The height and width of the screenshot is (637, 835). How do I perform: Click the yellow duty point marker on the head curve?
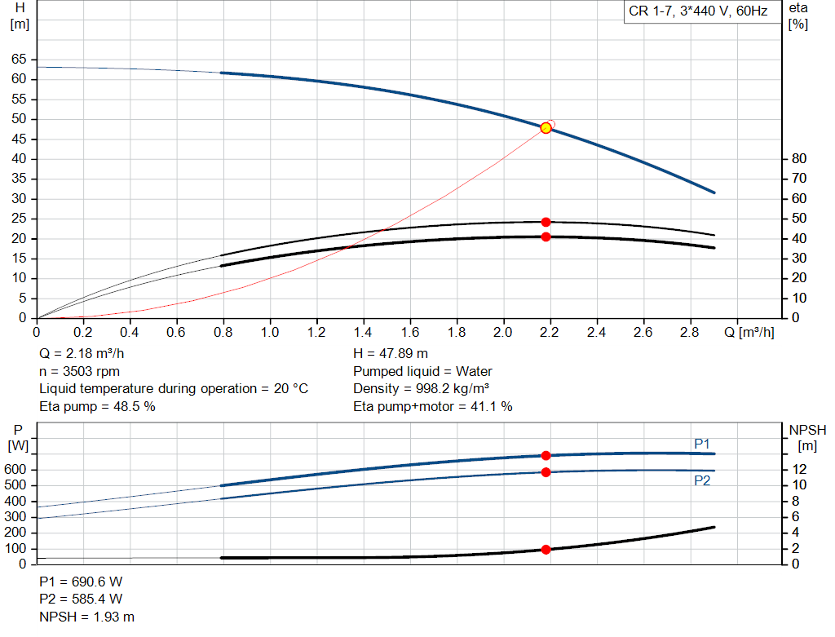[546, 128]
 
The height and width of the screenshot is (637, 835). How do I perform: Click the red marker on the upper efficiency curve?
[546, 222]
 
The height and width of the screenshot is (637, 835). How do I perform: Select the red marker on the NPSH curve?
[546, 550]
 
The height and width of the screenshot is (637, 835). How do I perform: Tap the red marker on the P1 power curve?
[546, 456]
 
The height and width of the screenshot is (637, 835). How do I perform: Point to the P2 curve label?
[702, 481]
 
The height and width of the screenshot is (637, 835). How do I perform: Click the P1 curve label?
[702, 444]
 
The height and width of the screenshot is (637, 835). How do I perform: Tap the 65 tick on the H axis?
[19, 60]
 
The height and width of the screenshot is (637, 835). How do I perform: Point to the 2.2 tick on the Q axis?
[550, 333]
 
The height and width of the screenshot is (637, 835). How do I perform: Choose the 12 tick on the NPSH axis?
[799, 469]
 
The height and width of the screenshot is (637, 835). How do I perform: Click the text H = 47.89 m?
[390, 354]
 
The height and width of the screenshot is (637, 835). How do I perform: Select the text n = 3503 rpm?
[79, 371]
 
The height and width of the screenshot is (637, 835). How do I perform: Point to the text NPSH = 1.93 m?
[86, 617]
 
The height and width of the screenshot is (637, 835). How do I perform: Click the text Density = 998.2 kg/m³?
[421, 389]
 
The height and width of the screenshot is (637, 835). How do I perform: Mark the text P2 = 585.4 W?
[81, 599]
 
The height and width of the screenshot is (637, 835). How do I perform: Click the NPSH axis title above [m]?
[807, 430]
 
